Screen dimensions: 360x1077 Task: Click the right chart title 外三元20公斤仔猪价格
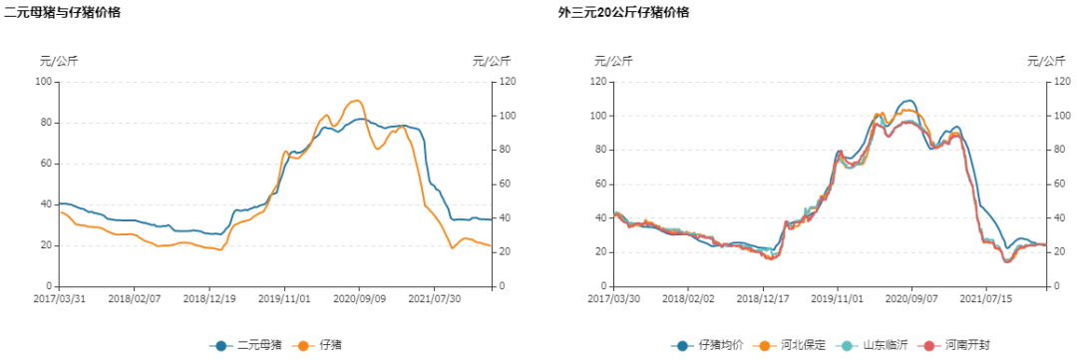623,13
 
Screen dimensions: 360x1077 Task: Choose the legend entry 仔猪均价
710,345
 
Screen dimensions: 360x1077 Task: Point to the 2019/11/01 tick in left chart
285,297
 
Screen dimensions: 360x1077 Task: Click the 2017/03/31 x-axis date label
61,297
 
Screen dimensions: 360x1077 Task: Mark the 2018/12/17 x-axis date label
764,297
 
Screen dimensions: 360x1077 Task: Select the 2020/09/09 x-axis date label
360,297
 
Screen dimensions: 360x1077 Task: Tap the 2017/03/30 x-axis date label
614,297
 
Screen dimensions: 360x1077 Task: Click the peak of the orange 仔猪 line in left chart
356,100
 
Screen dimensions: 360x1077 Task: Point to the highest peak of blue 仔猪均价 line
907,101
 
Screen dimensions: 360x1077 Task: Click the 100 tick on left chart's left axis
44,81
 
